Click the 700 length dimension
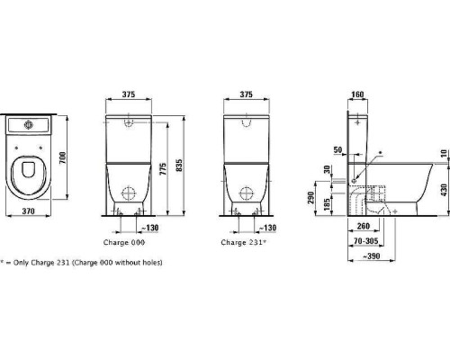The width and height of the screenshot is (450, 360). coord(62,157)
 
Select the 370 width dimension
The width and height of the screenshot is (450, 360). coord(28,211)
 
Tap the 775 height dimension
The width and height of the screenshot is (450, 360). coord(163,169)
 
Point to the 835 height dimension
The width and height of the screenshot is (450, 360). coord(178,166)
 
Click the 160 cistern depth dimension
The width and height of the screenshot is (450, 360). coord(357,94)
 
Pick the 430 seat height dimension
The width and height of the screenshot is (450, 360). coord(445,190)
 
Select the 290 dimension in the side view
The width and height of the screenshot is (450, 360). coord(311,198)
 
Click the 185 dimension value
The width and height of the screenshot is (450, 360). coord(328,203)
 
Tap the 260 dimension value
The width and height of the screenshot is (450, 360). coord(364,226)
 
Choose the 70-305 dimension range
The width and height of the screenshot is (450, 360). coord(366,241)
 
